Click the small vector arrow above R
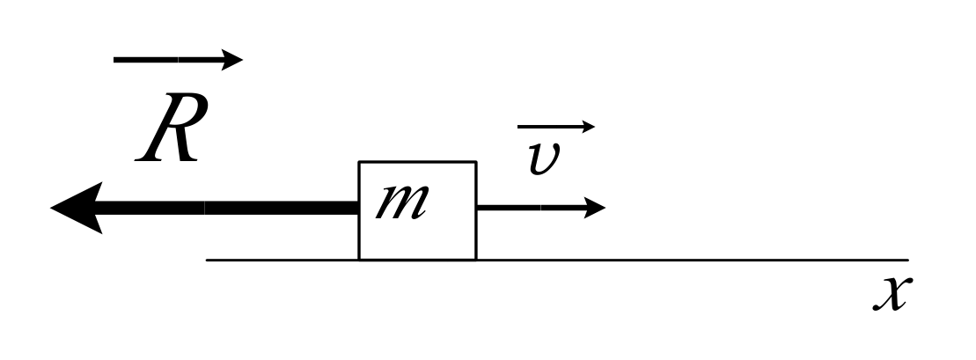tap(176, 60)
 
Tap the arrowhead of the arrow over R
tap(233, 60)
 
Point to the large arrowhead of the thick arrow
tap(77, 208)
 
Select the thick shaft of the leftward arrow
tap(229, 208)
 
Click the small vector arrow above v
tap(554, 127)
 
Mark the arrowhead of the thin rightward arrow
tap(595, 208)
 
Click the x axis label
tap(891, 293)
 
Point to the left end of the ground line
tap(207, 260)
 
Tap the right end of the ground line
tap(907, 260)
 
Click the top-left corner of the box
tap(359, 162)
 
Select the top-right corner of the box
tap(476, 162)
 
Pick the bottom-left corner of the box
tap(359, 260)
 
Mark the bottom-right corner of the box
tap(476, 260)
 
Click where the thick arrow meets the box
tap(359, 208)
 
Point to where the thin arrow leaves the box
tap(477, 208)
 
